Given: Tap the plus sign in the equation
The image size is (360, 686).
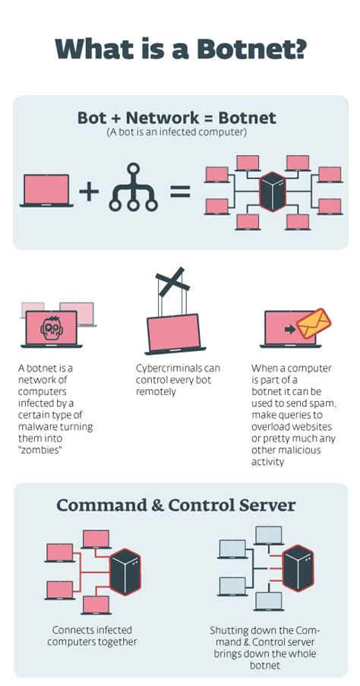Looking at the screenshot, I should click(89, 190).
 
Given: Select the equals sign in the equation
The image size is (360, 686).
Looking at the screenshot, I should click(179, 190).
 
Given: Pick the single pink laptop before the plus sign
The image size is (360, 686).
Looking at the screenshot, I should click(46, 191).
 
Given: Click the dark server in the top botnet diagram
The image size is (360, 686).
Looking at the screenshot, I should click(271, 191).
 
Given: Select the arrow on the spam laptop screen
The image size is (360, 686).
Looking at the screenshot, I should click(289, 330).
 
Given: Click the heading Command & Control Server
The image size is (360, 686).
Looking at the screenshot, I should click(176, 505).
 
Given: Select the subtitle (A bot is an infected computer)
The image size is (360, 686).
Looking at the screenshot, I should click(176, 132).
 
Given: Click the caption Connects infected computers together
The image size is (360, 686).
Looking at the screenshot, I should click(92, 636).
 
